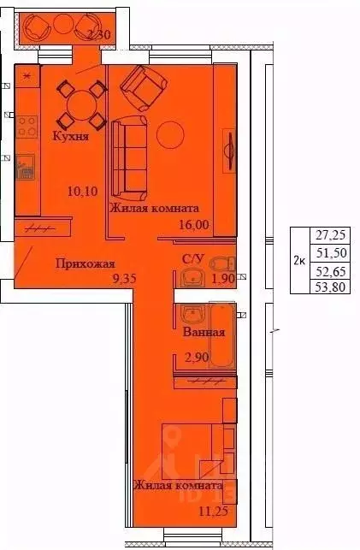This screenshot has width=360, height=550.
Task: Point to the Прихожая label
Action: coord(84,264)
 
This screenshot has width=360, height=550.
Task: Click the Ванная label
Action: coord(204,332)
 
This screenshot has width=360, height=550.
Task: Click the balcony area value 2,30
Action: coord(100,35)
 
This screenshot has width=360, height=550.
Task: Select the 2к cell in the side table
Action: coord(298,261)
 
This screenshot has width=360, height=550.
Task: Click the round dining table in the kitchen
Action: coord(82,105)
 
